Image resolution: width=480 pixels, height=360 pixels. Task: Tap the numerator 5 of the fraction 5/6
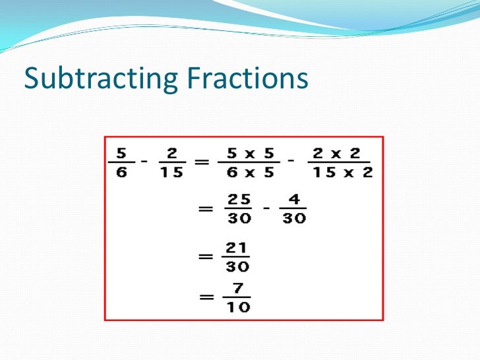(x=121, y=153)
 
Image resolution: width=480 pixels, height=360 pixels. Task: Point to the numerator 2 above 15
(x=172, y=153)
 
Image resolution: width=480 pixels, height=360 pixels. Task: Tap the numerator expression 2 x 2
(x=336, y=153)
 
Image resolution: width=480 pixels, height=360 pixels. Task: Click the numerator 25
(x=239, y=198)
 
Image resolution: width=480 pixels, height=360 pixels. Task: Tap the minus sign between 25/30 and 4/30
(x=266, y=207)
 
